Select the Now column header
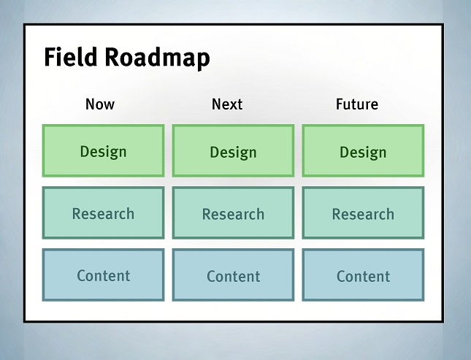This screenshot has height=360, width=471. (x=100, y=104)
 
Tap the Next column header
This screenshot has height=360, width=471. (x=227, y=104)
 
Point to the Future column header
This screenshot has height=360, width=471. (x=357, y=104)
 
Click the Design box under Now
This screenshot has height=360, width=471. (x=103, y=150)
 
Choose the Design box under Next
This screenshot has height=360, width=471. (x=233, y=150)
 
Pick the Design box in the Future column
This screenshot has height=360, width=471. (x=363, y=150)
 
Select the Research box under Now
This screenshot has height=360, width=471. (x=103, y=212)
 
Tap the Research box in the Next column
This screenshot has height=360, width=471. (x=233, y=212)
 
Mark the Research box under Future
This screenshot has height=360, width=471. (x=363, y=212)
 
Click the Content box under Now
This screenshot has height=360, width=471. (x=103, y=275)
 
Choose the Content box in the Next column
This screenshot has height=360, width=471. (x=233, y=275)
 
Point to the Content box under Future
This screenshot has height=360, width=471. (x=363, y=275)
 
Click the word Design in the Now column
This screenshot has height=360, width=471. (x=103, y=152)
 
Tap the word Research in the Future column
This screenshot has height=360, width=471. (x=363, y=214)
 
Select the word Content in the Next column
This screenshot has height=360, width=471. (x=233, y=276)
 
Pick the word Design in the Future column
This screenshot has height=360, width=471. (x=363, y=153)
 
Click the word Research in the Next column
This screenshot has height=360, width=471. (x=233, y=214)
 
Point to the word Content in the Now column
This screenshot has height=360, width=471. (x=103, y=275)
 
